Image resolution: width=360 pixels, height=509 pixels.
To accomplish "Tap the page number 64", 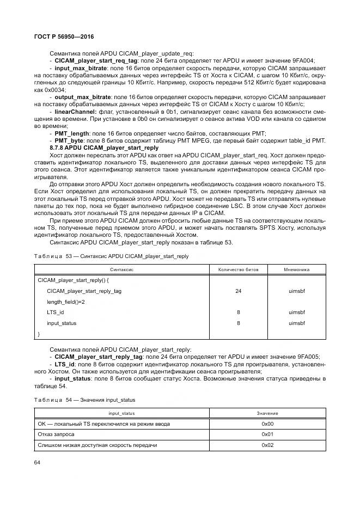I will (x=37, y=463).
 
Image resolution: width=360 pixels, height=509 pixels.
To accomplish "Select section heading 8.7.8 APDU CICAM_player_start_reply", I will (x=104, y=148).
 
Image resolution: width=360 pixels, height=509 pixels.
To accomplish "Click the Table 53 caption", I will (x=111, y=256).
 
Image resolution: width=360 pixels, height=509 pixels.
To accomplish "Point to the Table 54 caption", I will (x=84, y=400).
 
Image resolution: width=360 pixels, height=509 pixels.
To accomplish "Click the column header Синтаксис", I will (x=122, y=269).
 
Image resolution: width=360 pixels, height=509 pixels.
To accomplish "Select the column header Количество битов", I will (x=238, y=269).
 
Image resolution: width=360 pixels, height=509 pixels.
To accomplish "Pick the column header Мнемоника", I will (x=297, y=269).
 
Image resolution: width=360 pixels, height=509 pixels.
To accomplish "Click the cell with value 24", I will (x=238, y=291).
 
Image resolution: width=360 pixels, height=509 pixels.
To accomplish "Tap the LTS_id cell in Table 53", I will (x=55, y=312).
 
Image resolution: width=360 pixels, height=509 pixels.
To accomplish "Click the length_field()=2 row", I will (x=65, y=302).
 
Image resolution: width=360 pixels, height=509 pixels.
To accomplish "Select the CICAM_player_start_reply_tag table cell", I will (x=84, y=291).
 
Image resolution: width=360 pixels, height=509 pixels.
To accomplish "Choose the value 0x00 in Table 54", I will (x=267, y=424).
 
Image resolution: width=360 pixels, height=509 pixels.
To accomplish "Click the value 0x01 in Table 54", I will (x=267, y=434).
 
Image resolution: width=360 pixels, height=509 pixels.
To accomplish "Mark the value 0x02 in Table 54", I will (x=267, y=445).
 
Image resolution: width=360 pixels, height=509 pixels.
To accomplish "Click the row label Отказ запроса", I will (x=56, y=434).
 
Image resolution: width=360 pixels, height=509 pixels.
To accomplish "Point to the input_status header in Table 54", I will (x=122, y=414).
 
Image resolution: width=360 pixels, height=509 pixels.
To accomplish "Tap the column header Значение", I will (x=267, y=414).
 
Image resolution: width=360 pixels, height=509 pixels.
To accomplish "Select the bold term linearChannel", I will (x=76, y=112).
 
